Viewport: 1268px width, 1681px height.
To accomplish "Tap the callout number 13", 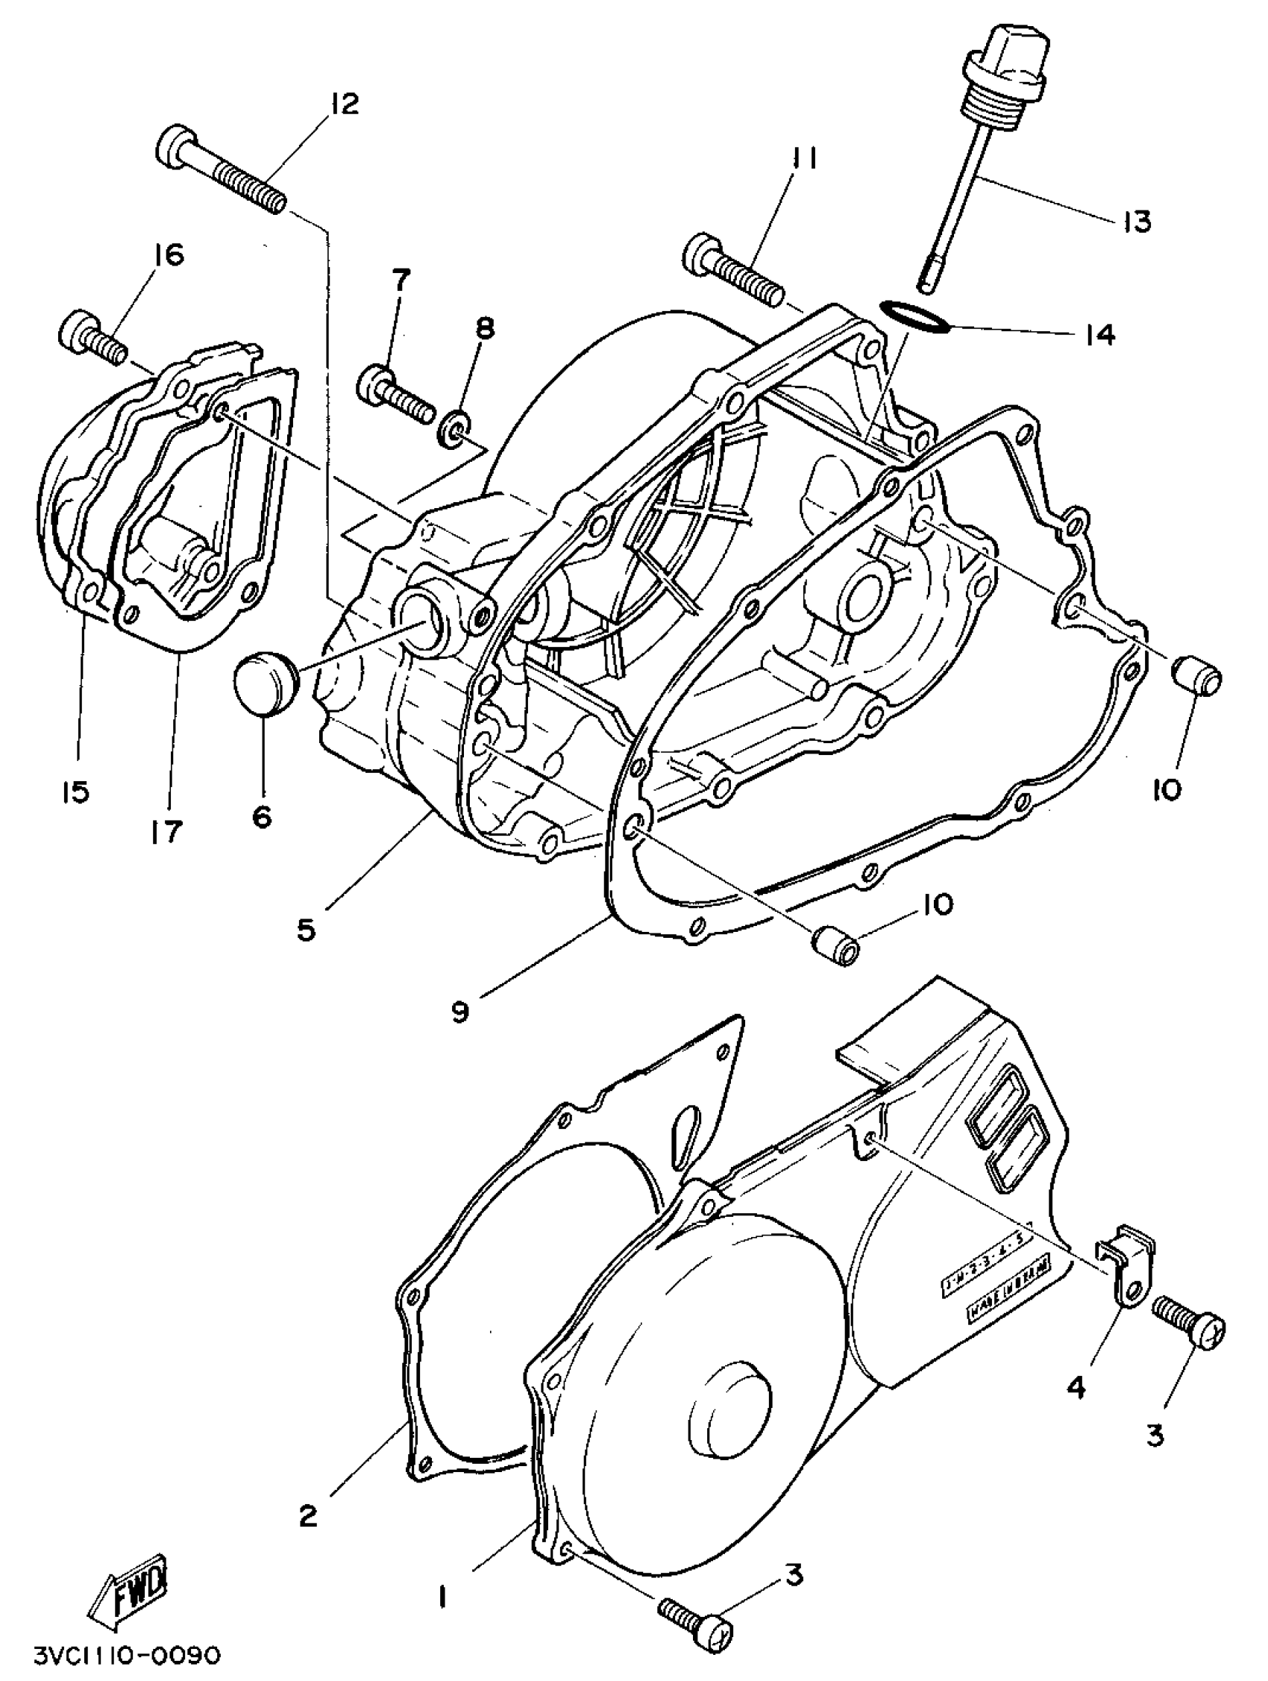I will (1137, 221).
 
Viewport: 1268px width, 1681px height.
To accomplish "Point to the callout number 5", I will (306, 930).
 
